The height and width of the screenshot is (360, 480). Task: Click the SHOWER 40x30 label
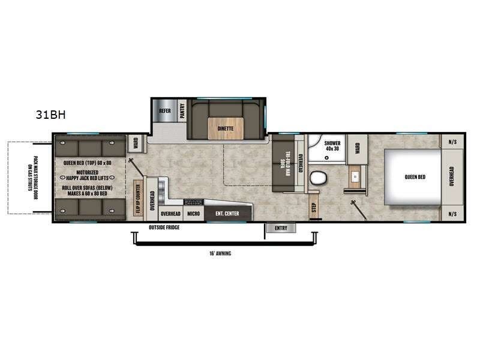(332, 146)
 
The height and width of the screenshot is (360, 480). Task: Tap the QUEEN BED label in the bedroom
(414, 176)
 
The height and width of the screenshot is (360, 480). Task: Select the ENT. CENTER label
(227, 214)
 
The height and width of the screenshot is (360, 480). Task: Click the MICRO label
(193, 214)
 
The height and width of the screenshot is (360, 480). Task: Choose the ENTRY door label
(281, 228)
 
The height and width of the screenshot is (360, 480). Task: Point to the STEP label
(313, 207)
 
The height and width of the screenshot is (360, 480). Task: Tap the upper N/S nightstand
(452, 142)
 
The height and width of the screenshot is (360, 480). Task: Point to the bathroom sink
(355, 178)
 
